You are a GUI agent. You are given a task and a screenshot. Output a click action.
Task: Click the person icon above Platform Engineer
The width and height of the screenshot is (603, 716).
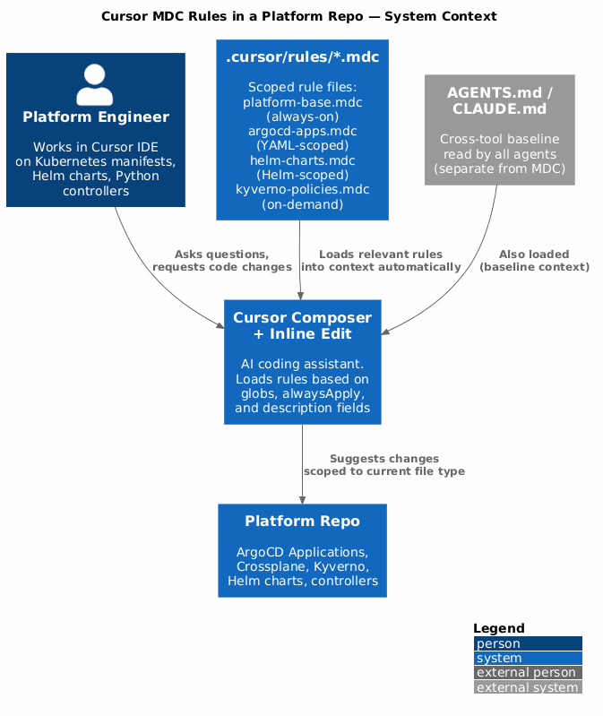click(x=94, y=84)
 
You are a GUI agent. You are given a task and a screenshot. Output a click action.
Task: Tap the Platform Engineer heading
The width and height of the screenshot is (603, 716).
click(x=96, y=116)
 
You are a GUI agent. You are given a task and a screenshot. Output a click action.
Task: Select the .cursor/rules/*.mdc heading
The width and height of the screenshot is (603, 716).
click(x=302, y=57)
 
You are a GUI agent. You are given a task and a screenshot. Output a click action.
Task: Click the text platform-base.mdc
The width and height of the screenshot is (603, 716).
click(x=302, y=102)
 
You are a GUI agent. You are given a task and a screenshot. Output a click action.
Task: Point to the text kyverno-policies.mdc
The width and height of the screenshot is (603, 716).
click(x=302, y=189)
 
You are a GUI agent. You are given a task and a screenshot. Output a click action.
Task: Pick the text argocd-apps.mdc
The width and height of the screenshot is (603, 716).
click(x=302, y=131)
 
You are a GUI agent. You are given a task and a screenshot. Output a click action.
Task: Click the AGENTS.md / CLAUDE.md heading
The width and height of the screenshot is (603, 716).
click(x=499, y=100)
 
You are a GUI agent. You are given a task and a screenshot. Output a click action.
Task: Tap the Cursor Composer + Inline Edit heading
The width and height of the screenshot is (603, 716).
click(x=302, y=325)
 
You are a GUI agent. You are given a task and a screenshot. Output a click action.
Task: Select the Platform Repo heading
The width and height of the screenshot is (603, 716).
click(x=302, y=521)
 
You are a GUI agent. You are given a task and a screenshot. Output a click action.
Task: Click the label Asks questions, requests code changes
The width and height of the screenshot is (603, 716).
click(x=222, y=261)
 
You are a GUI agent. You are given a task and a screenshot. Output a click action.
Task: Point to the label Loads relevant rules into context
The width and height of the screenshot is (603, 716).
click(x=381, y=261)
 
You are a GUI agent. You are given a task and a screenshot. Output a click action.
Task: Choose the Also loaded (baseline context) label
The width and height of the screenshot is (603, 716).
click(x=534, y=261)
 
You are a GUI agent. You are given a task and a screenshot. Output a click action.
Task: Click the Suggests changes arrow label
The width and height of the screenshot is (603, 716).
click(x=383, y=465)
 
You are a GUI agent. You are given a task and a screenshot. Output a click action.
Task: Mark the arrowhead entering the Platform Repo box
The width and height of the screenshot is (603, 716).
click(x=302, y=500)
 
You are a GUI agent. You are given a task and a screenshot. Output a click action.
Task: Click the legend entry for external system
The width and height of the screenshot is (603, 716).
click(x=528, y=687)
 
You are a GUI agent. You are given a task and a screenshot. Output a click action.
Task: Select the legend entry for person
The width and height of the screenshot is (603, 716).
click(x=528, y=643)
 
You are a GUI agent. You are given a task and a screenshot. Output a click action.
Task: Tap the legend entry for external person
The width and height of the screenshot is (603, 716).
click(x=528, y=673)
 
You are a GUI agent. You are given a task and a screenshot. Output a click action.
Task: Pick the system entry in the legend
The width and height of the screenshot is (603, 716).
click(x=528, y=658)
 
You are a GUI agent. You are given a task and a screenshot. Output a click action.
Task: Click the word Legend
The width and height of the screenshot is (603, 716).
click(x=499, y=629)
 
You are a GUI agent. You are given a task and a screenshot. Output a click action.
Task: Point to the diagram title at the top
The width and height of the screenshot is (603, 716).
click(x=299, y=16)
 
